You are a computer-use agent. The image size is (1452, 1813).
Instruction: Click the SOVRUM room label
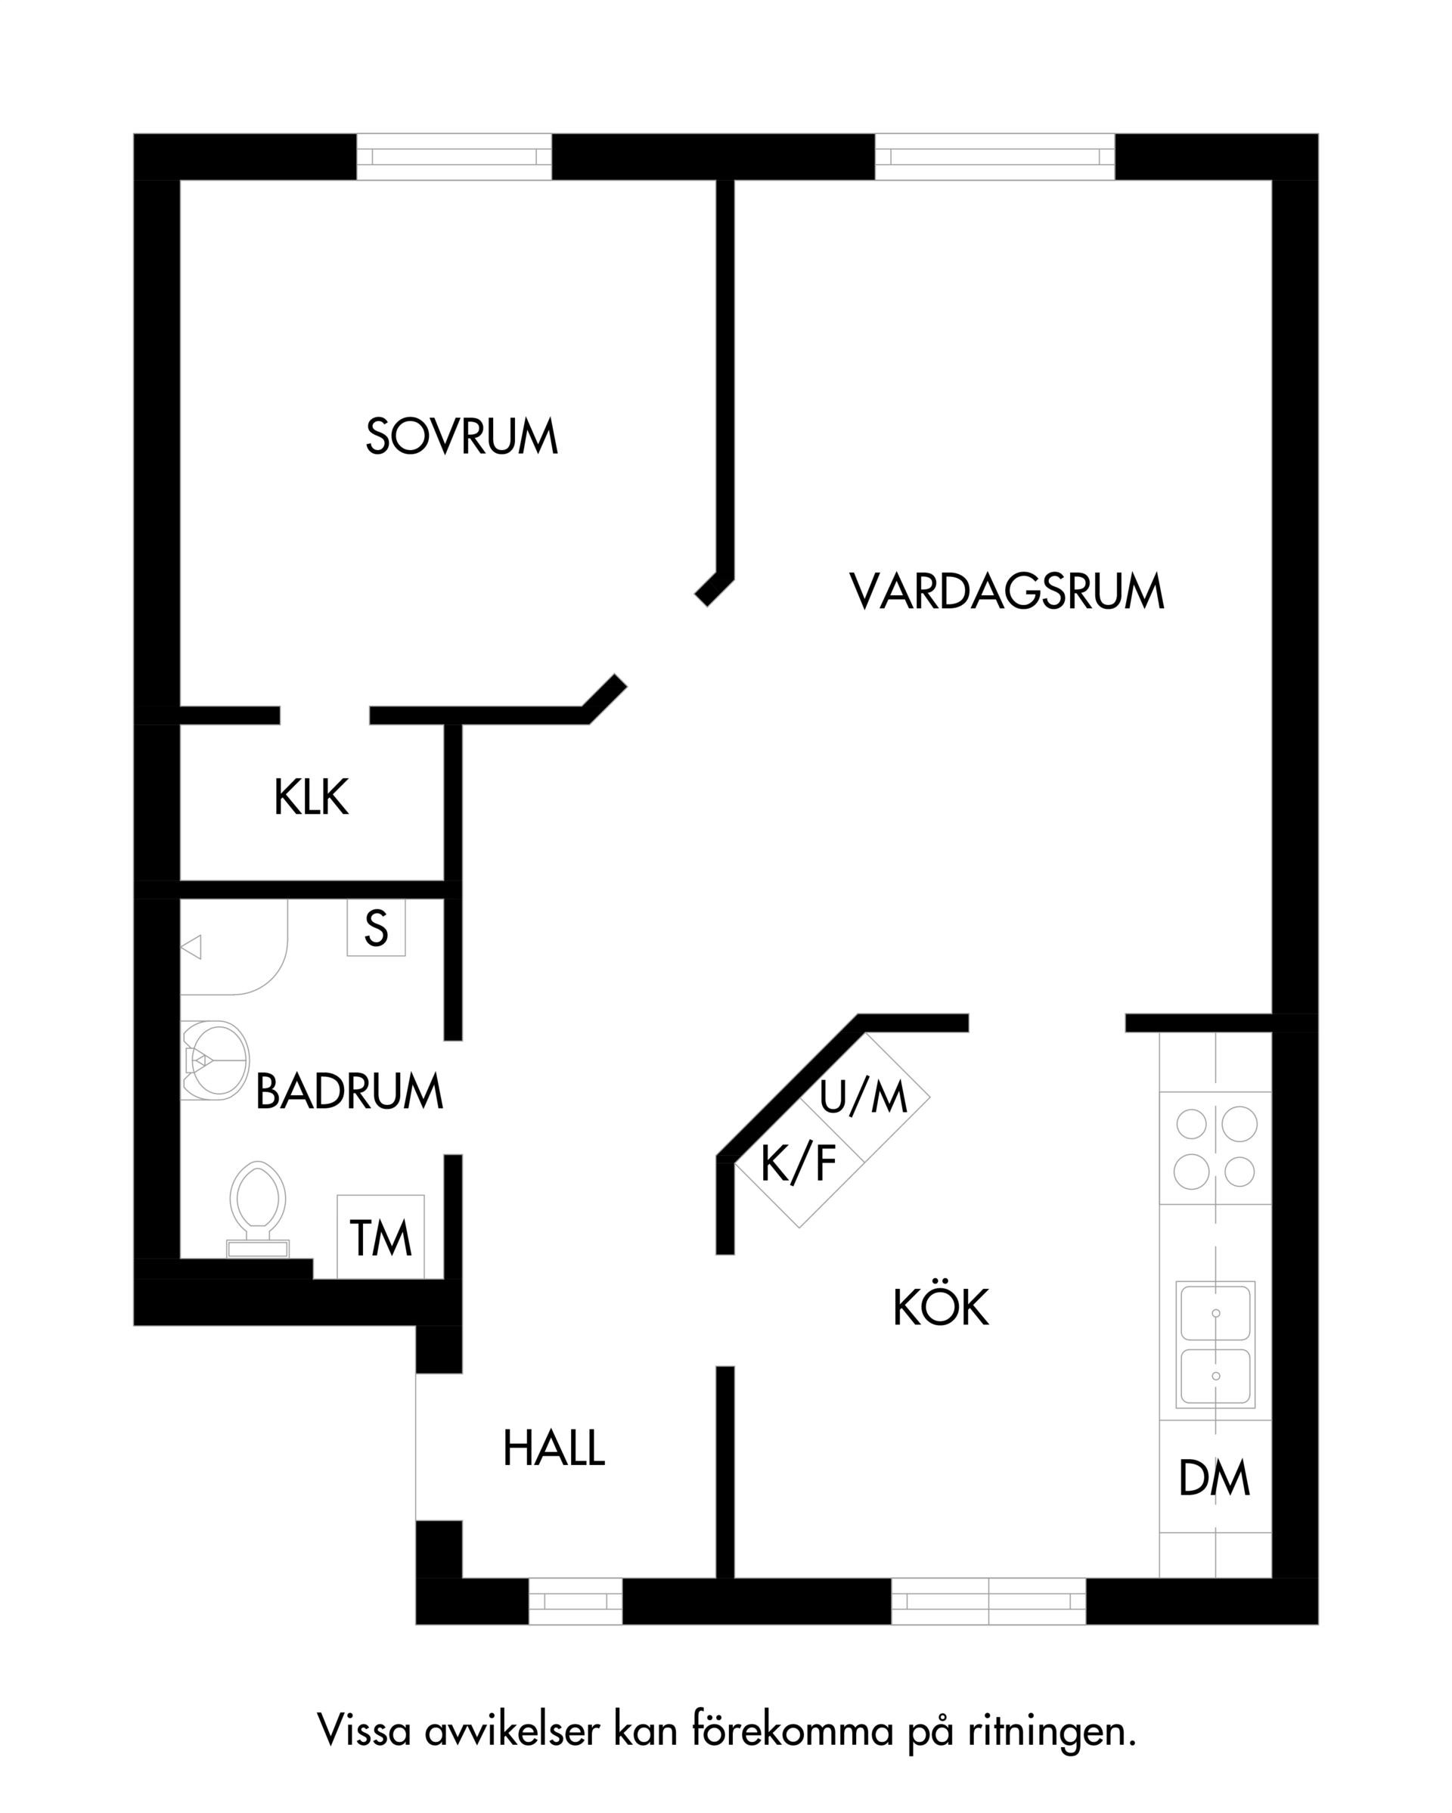[x=461, y=436]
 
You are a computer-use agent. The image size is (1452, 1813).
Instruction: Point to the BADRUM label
[x=349, y=1091]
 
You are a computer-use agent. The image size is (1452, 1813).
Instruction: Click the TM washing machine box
[x=381, y=1236]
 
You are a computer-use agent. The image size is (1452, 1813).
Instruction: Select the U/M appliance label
[x=864, y=1097]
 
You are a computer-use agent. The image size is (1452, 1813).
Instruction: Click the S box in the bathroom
[x=377, y=927]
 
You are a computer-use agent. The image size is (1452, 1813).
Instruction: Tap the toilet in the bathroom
[x=258, y=1210]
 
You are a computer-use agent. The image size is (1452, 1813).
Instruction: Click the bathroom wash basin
[x=216, y=1060]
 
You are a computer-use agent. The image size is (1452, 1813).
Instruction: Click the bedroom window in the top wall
[x=454, y=157]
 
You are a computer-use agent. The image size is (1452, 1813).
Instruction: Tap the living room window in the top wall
[x=995, y=157]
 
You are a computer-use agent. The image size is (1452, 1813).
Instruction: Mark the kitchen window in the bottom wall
[x=988, y=1601]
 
